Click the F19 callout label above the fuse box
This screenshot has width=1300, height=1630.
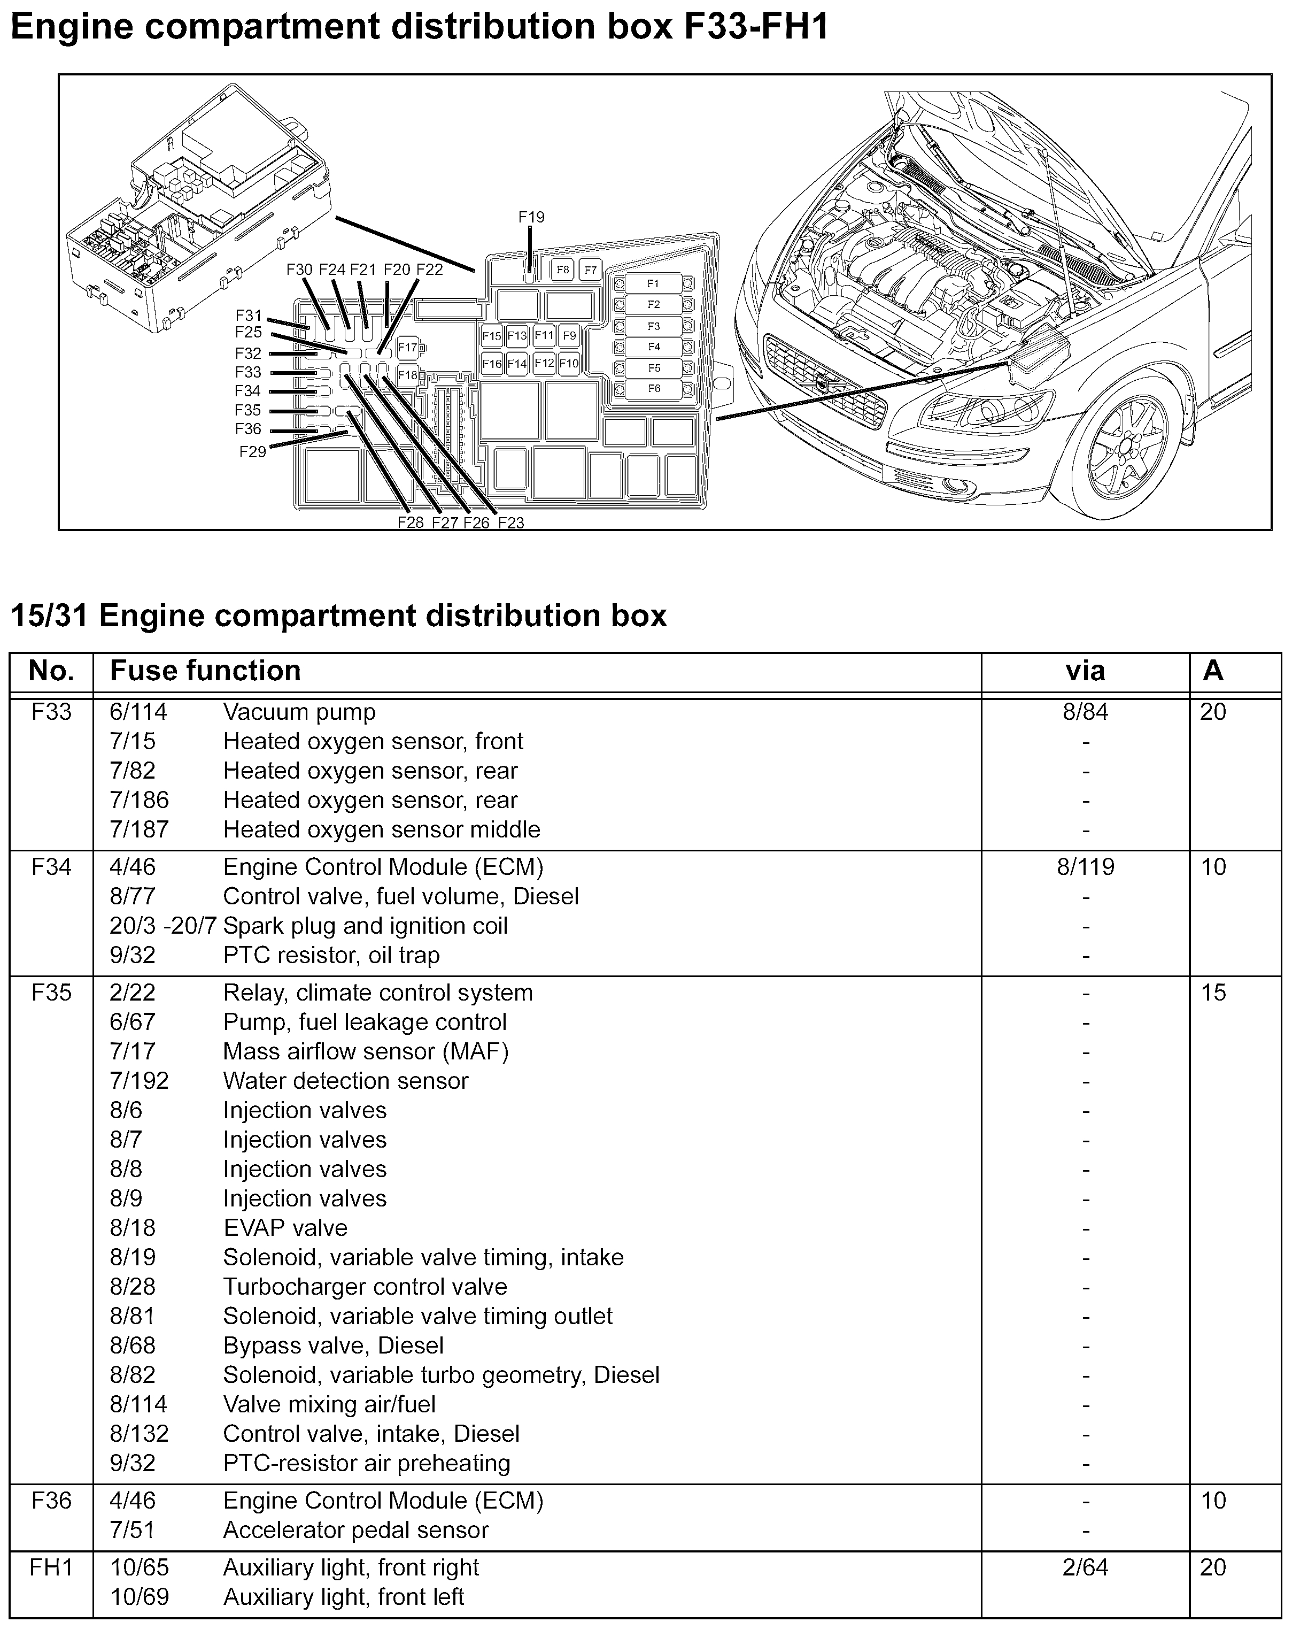point(531,217)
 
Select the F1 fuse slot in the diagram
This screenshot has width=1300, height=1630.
point(653,283)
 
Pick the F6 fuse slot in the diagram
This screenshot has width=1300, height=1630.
point(653,389)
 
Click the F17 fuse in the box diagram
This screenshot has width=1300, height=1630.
point(407,348)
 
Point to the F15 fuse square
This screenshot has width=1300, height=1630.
point(491,336)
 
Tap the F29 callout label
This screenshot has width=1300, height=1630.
point(252,452)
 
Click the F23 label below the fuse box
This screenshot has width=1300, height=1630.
point(511,522)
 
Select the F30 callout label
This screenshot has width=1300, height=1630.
point(299,269)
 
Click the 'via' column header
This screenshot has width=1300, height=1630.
point(1085,671)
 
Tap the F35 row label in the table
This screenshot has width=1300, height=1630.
point(51,992)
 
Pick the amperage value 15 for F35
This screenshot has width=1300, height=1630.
point(1213,992)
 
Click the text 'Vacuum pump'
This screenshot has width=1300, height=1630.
point(299,712)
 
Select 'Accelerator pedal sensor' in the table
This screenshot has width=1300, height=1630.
point(356,1530)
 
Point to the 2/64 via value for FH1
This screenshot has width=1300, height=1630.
point(1085,1567)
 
